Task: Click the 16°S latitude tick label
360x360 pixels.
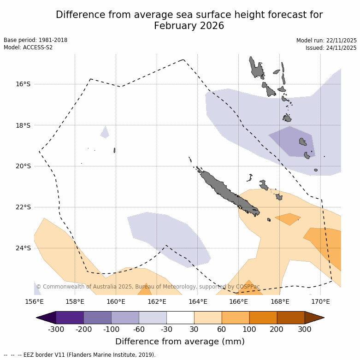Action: point(23,84)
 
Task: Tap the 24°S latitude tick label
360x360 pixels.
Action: point(23,248)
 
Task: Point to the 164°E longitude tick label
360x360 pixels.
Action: point(197,302)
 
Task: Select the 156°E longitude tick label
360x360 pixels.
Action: point(34,302)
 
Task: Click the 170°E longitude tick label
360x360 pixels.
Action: point(320,302)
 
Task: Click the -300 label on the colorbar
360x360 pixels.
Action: point(56,329)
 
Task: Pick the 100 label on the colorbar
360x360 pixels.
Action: point(249,329)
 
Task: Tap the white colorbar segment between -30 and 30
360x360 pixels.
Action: point(180,318)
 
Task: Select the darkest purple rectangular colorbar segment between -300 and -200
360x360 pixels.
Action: point(70,318)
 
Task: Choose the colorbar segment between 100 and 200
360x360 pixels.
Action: point(263,318)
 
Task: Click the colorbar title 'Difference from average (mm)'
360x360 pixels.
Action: point(180,342)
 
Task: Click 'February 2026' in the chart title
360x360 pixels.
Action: point(189,26)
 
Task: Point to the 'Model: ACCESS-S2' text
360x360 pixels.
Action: point(28,47)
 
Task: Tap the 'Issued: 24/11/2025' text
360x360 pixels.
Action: point(331,48)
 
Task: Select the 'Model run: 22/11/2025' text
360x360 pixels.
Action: point(326,41)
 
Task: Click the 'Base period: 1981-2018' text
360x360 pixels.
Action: point(35,40)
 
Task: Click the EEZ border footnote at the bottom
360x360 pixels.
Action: point(79,355)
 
